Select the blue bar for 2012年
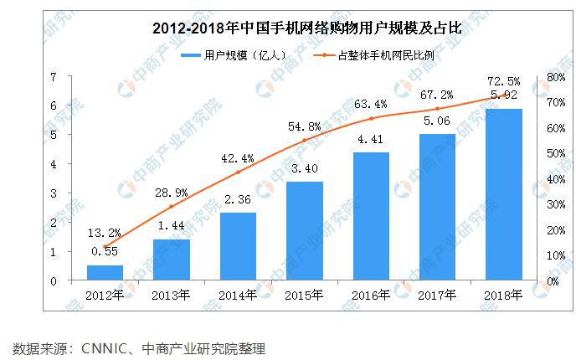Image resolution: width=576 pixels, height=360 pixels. (105, 273)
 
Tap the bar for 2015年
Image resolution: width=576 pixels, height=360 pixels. (305, 231)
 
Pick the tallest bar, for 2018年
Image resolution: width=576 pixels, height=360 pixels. (504, 195)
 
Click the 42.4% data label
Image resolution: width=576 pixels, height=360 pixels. (238, 156)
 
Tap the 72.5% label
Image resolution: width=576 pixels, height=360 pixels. (503, 81)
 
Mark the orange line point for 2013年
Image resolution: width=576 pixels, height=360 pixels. (172, 207)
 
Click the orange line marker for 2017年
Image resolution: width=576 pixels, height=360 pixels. (438, 109)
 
